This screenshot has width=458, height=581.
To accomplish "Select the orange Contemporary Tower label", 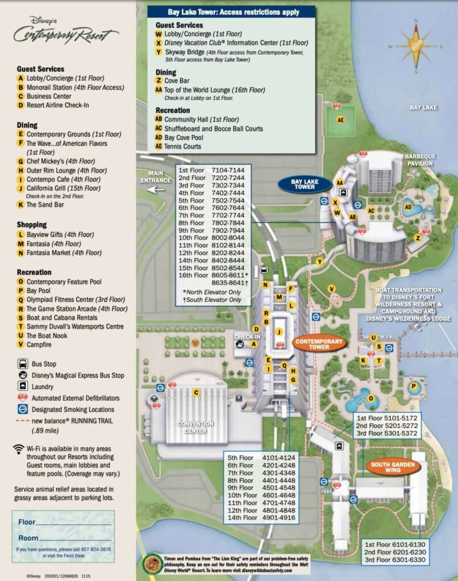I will pos(319,343).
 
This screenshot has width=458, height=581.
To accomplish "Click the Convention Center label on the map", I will pos(195,427).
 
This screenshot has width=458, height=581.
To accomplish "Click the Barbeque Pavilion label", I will pos(420,160).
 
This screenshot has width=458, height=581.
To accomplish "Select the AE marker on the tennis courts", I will pos(340,120).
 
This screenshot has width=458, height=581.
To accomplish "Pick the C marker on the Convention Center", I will pos(195,392).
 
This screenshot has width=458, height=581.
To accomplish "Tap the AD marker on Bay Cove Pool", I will pos(407,207).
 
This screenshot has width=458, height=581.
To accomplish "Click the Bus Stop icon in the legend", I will pos(22,364).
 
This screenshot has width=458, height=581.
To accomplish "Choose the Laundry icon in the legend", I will pos(22,386).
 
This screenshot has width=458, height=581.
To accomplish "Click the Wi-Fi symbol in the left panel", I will pos(19,449).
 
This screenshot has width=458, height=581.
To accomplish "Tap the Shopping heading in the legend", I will pos(32,225).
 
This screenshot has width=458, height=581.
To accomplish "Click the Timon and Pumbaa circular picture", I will pos(151,563).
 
